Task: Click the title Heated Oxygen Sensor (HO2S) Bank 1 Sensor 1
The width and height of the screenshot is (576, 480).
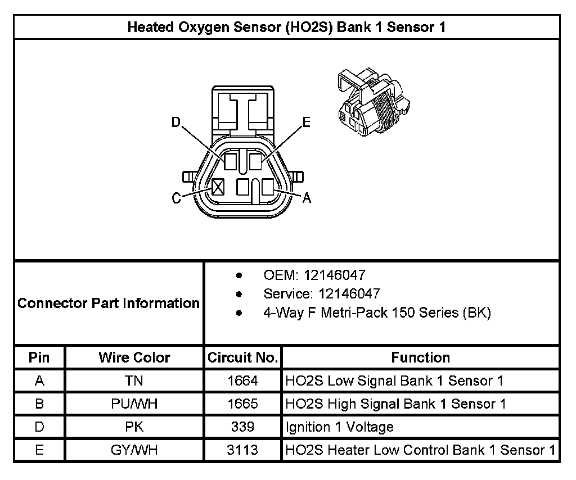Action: pos(287,27)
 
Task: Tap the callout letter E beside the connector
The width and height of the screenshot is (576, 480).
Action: pos(306,122)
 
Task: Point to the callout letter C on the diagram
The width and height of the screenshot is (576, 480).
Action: pos(176,198)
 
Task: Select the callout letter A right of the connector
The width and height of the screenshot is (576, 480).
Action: pos(307,198)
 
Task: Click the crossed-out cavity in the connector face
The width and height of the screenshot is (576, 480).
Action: pos(218,187)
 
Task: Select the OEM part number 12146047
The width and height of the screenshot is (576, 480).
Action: pos(335,275)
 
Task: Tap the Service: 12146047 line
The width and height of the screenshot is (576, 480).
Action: pos(321,293)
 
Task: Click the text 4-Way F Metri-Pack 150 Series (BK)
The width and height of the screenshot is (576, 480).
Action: pos(377,313)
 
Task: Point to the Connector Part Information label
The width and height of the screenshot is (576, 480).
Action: pos(109,304)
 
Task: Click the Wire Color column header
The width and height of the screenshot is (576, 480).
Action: pos(134,357)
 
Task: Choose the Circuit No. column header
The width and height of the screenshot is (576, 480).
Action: pos(242,357)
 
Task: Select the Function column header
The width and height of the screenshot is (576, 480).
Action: pos(420,357)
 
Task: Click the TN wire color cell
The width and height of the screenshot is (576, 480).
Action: pos(134,381)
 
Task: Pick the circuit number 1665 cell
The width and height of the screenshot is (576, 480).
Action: pos(242,404)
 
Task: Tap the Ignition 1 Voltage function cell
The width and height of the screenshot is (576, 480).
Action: pos(340,427)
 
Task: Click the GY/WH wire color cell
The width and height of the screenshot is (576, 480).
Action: pos(134,450)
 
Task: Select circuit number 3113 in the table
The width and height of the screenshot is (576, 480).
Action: pos(242,450)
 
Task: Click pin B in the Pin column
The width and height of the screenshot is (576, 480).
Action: pos(39,404)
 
